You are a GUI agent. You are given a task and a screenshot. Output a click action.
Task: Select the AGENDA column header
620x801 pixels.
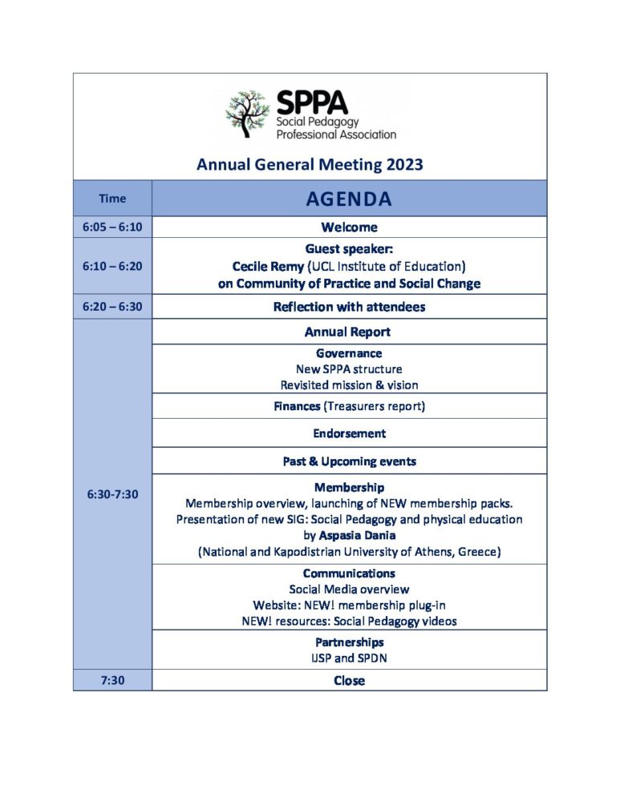(349, 199)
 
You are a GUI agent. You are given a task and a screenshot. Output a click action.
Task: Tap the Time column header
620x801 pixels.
(112, 199)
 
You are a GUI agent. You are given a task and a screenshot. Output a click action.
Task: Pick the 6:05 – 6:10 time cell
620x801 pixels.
(112, 227)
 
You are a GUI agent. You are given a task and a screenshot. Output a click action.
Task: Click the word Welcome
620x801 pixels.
(349, 227)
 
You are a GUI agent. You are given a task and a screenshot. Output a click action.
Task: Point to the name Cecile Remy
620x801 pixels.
(266, 266)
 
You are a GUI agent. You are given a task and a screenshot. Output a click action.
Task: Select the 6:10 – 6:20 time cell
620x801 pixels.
(112, 266)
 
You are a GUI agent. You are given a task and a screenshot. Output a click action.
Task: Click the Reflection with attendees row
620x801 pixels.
(349, 307)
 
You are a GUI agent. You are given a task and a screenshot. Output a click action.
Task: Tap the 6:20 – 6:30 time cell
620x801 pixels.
(112, 307)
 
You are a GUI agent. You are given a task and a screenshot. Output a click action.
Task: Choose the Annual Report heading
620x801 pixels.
(349, 332)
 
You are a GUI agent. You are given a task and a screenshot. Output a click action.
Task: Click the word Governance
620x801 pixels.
(349, 353)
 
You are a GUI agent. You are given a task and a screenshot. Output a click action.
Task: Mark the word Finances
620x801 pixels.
(298, 406)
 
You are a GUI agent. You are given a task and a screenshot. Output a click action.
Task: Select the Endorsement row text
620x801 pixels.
(349, 433)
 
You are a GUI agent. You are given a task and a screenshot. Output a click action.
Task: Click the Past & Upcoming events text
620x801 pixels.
(349, 461)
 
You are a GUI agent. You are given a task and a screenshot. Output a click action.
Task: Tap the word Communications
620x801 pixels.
(349, 574)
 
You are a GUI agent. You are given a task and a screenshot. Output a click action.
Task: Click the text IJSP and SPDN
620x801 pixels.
(349, 658)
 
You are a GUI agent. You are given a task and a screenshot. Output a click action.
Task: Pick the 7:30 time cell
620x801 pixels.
(112, 680)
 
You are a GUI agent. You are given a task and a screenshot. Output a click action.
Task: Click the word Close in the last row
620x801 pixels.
(349, 680)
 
